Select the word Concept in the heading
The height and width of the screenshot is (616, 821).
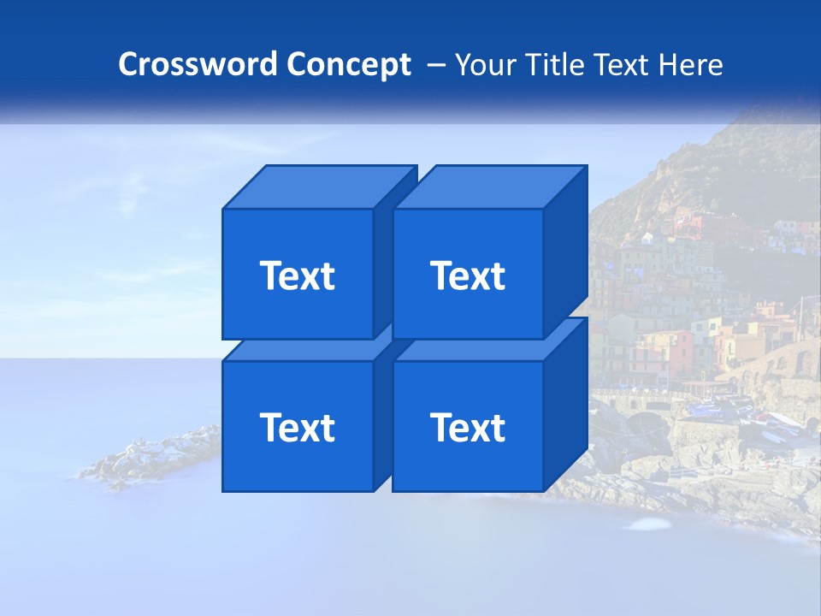[348, 65]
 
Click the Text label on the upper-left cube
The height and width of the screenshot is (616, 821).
[298, 275]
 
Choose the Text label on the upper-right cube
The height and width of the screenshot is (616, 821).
[468, 275]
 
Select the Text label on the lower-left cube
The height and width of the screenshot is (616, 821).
[298, 427]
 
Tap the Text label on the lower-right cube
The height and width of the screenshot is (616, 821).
[468, 427]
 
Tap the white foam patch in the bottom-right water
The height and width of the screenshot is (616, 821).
[649, 524]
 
